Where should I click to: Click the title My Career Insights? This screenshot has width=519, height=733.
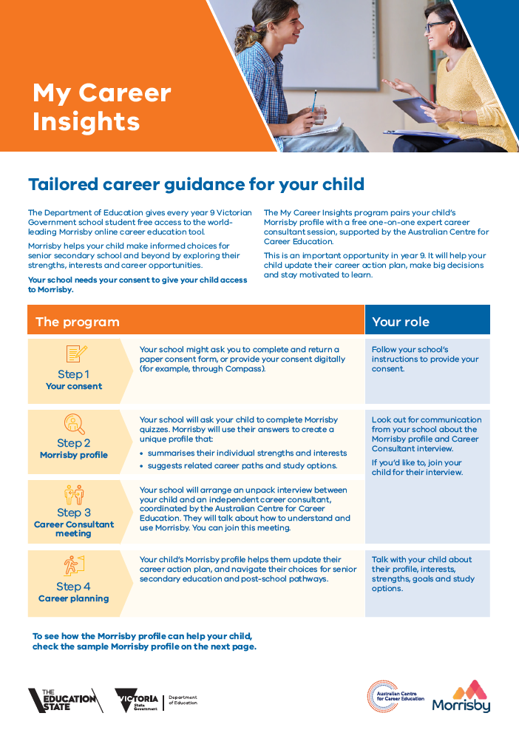tap(102, 107)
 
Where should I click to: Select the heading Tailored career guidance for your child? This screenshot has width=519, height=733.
tap(196, 185)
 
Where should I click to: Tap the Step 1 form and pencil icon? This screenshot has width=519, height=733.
tap(76, 354)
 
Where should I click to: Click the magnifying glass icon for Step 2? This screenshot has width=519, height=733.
tap(74, 424)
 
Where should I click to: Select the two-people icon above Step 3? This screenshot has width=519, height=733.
tap(74, 495)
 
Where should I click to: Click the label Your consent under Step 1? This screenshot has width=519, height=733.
tap(74, 386)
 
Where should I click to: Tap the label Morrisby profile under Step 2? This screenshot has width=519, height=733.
tap(74, 456)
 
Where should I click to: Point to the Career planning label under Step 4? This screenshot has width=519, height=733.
tap(74, 599)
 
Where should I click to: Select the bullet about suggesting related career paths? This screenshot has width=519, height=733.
tap(238, 465)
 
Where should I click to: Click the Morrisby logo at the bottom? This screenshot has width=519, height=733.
tap(461, 697)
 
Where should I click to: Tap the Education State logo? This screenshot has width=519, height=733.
tap(65, 700)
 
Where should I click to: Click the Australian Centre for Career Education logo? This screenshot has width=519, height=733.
tap(396, 697)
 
